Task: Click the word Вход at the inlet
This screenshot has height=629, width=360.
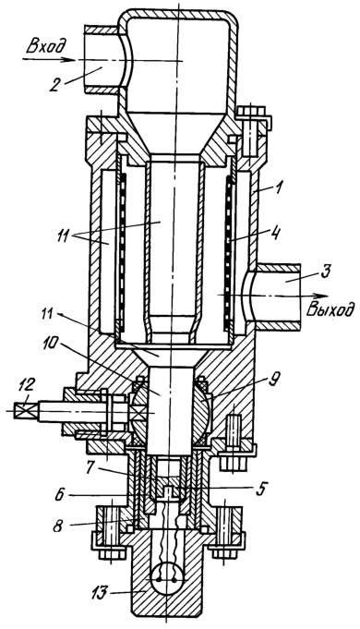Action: tap(45, 46)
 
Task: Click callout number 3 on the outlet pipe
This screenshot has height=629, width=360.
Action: tap(325, 273)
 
